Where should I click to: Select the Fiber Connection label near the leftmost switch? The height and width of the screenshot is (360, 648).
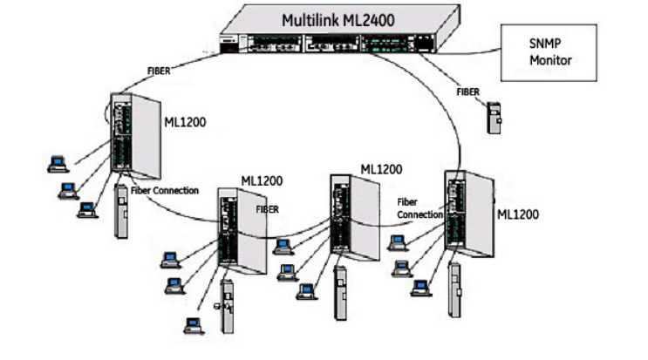click(x=165, y=190)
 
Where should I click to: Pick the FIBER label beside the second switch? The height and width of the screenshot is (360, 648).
click(x=269, y=210)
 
